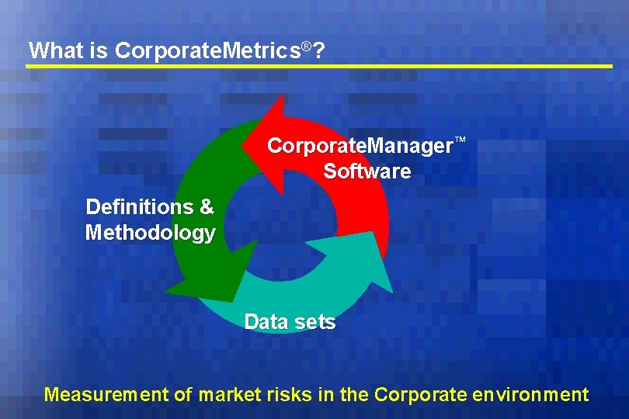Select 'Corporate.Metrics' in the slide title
(207, 51)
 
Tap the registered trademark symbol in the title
(307, 47)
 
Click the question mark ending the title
(319, 51)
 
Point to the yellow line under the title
(318, 67)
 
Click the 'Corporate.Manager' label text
(360, 146)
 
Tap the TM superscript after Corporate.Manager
(460, 140)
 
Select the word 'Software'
(367, 171)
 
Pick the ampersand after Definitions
(207, 207)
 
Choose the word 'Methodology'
(150, 233)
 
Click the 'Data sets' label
(290, 321)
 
